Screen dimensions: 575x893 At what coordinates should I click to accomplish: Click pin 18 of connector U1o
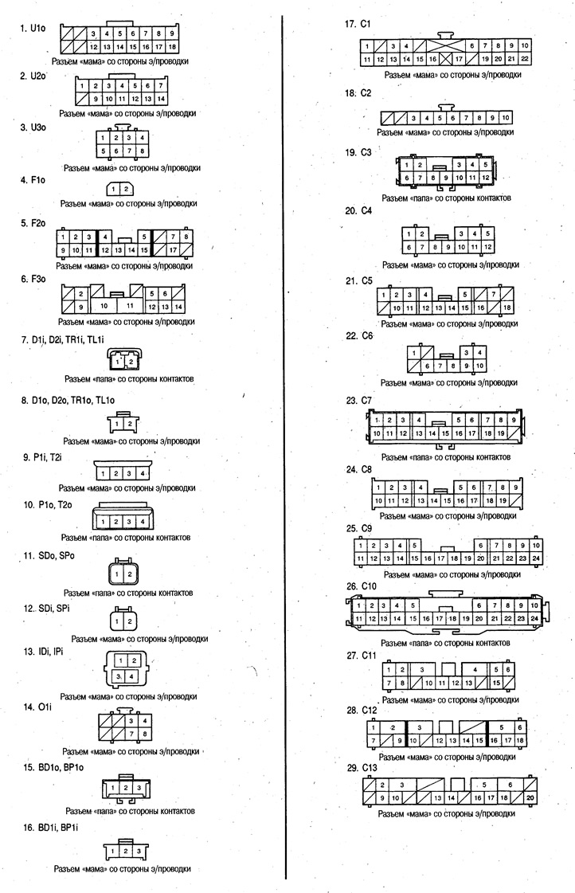[172, 47]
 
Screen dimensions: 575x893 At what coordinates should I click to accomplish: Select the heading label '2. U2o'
[33, 76]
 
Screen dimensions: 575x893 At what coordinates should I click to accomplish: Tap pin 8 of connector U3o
[143, 151]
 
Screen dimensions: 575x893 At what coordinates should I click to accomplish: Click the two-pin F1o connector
[120, 189]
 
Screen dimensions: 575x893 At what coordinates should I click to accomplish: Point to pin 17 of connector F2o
[173, 249]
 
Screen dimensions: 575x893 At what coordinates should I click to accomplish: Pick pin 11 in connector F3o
[130, 306]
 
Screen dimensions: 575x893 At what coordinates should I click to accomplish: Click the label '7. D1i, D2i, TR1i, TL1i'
[63, 340]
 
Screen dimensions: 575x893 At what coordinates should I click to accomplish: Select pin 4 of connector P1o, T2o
[143, 522]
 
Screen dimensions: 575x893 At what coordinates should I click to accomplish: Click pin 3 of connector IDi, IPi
[118, 676]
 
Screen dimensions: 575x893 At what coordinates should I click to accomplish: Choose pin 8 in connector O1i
[145, 734]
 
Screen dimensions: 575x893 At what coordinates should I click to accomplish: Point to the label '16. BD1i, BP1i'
[50, 828]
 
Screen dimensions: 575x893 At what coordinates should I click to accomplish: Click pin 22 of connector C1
[524, 59]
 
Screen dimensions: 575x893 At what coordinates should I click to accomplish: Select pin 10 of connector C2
[506, 118]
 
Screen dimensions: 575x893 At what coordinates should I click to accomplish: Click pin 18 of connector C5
[507, 308]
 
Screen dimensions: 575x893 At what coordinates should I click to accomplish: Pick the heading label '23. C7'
[358, 401]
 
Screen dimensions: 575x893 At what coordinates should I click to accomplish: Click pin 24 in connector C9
[536, 558]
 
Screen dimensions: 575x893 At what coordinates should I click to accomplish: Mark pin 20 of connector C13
[530, 798]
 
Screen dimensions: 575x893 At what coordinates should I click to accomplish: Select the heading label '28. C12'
[362, 711]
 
